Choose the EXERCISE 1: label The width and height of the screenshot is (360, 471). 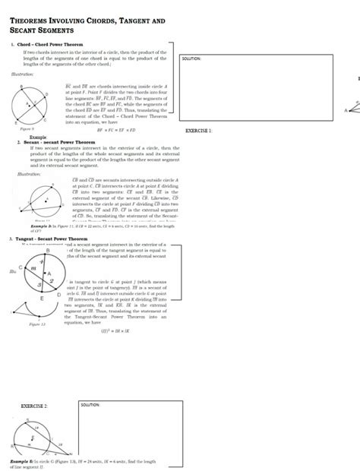point(200,131)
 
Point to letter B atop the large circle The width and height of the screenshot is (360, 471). point(49,250)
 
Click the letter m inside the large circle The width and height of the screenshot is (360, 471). point(33,268)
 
